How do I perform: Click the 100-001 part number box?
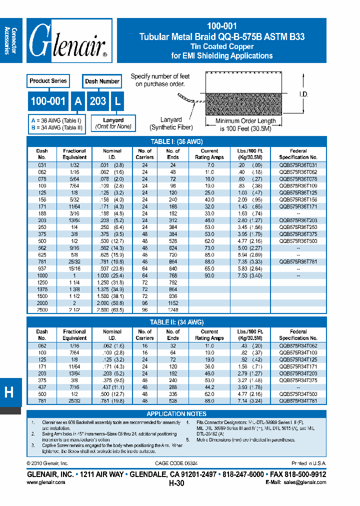coord(48,101)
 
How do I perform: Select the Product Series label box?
coord(47,81)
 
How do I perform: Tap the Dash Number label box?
coord(102,81)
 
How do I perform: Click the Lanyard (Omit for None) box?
coord(113,123)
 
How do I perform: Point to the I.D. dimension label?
coord(303,94)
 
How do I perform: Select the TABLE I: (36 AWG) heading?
coord(176,141)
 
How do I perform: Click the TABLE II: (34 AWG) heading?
coord(176,322)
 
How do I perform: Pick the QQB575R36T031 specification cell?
coord(298,165)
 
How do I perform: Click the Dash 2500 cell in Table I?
coord(42,310)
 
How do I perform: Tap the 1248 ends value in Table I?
coord(173,310)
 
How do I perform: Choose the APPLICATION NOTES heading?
coord(176,414)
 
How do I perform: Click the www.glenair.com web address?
coord(45,482)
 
